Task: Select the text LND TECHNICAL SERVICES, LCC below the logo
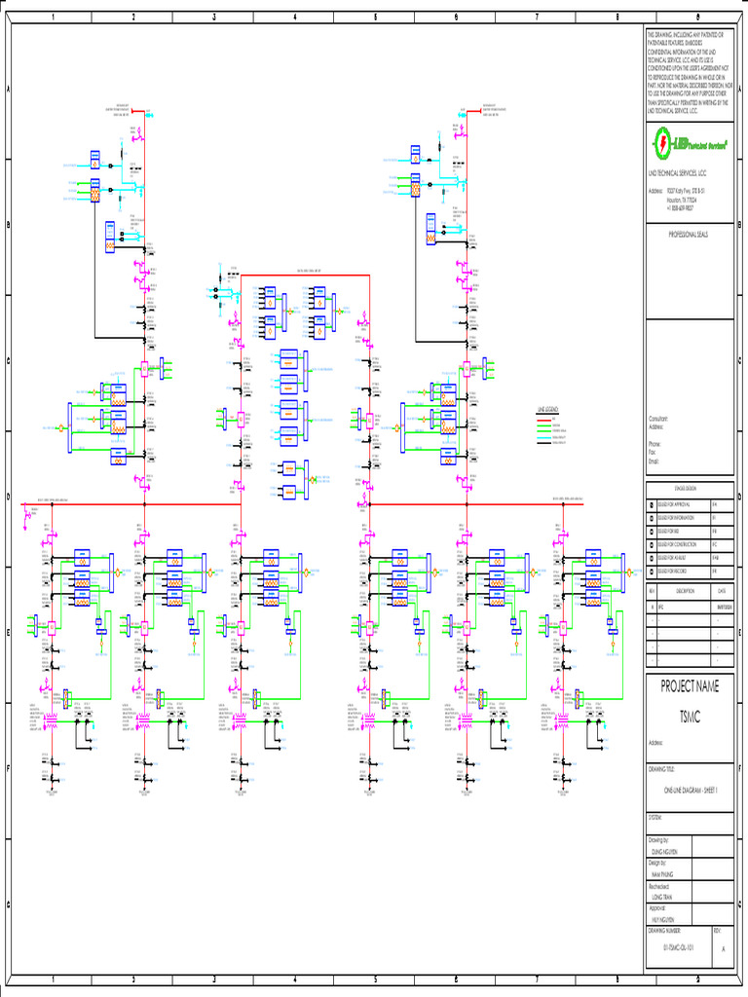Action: pos(678,172)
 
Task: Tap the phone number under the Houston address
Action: pos(681,207)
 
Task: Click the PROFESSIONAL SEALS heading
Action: pos(688,236)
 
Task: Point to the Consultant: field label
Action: pos(658,418)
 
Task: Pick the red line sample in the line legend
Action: pos(543,419)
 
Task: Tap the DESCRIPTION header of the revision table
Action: pos(685,591)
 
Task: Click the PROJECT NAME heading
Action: pos(690,686)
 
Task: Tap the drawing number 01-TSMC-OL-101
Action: pos(678,946)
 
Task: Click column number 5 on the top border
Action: pos(375,18)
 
